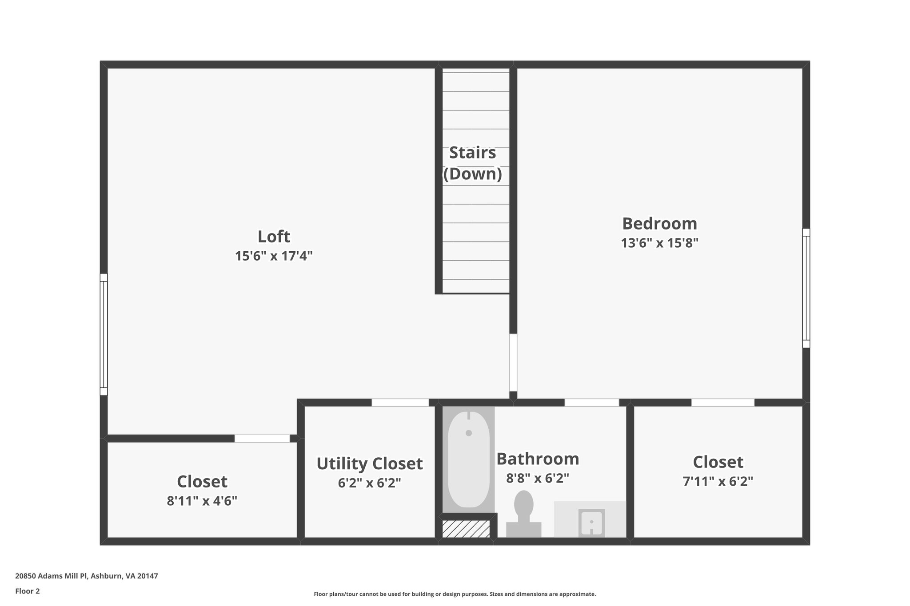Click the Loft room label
click(x=274, y=237)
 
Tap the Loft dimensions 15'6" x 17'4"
click(x=274, y=256)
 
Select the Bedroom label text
click(x=659, y=224)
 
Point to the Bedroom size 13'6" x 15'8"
click(x=659, y=243)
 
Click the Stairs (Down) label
click(x=472, y=163)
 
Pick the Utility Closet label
click(x=369, y=463)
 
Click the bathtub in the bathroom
click(x=468, y=459)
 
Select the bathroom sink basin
click(x=591, y=523)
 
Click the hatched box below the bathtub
click(x=466, y=529)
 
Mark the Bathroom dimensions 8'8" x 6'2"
click(x=538, y=479)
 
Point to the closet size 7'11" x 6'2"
click(x=718, y=482)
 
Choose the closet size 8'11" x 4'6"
click(x=202, y=501)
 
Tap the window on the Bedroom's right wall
click(x=806, y=288)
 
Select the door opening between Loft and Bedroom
click(x=513, y=362)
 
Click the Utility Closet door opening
click(x=400, y=403)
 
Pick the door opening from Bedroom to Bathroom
click(x=591, y=403)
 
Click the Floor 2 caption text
click(x=28, y=591)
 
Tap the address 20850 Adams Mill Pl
click(x=87, y=576)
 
